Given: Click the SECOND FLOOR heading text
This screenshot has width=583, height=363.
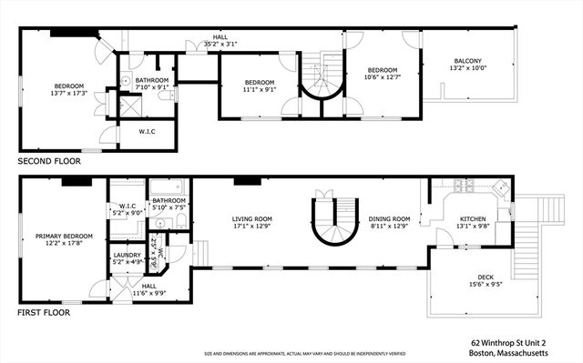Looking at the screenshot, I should point(48,161).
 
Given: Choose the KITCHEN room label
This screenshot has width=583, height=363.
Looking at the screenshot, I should point(472,219).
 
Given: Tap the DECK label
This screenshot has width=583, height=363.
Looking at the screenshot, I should point(486,277).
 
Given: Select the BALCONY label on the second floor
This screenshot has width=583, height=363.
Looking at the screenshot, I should point(469,62).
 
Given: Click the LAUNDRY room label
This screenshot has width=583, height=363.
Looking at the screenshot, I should point(126,256).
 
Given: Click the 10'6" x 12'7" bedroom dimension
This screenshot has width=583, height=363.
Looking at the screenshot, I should point(383,76).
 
